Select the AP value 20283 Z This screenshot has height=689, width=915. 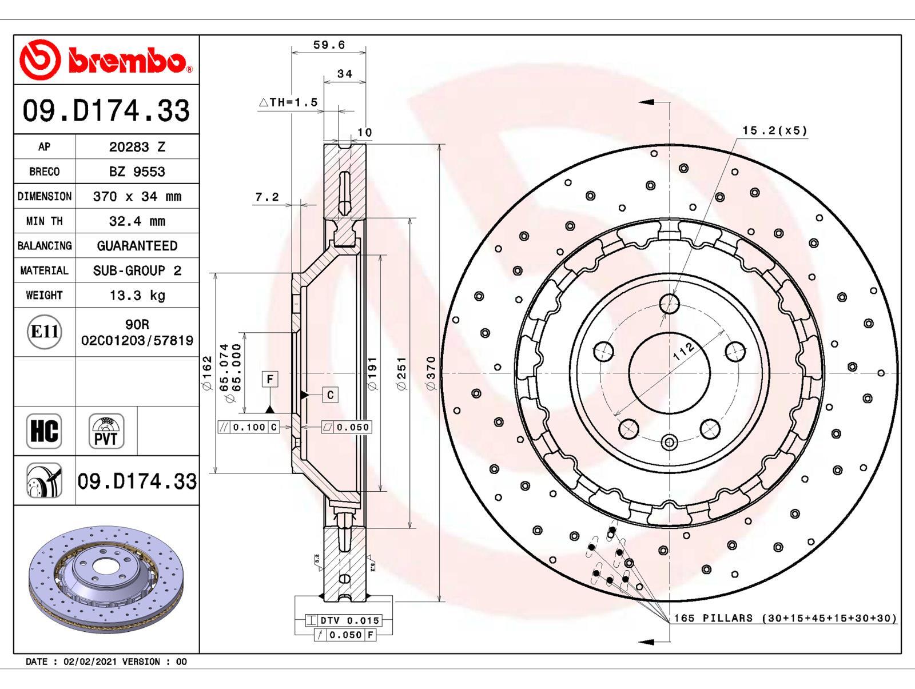pyautogui.click(x=137, y=147)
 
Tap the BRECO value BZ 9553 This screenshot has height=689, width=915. pyautogui.click(x=137, y=172)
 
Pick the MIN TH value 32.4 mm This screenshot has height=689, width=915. pyautogui.click(x=137, y=221)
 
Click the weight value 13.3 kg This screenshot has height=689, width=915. pyautogui.click(x=137, y=296)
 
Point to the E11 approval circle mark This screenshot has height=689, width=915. pyautogui.click(x=45, y=332)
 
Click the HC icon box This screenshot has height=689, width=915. pyautogui.click(x=44, y=431)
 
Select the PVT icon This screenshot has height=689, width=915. pyautogui.click(x=106, y=431)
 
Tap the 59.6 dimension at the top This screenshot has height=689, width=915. pyautogui.click(x=329, y=45)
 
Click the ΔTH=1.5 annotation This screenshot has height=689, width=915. pyautogui.click(x=288, y=102)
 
